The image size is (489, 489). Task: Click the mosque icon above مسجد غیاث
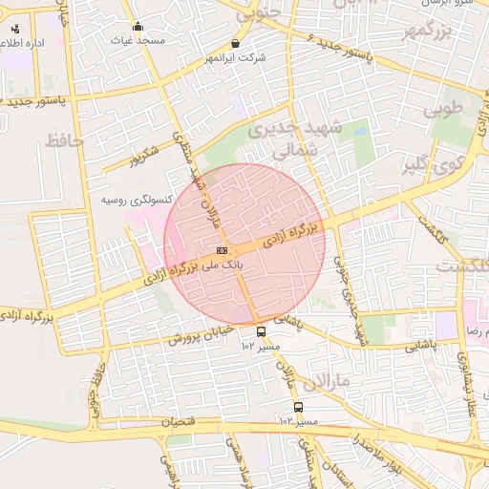138,27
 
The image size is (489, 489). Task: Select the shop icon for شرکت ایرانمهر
236,43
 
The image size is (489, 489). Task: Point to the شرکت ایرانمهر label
235,59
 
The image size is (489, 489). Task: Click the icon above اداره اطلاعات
15,29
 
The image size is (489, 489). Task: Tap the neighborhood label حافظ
64,141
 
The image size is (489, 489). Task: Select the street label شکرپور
145,156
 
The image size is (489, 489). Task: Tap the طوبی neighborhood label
443,109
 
